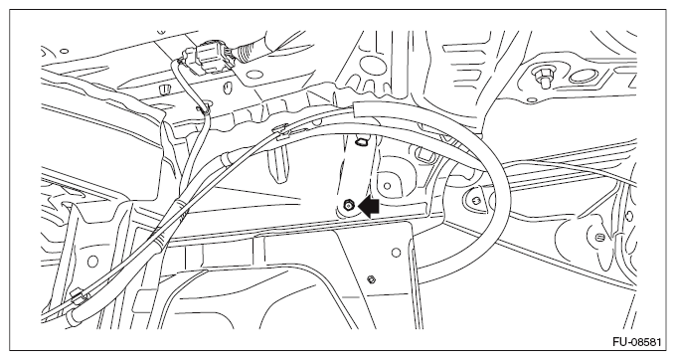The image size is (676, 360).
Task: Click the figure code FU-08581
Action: point(636,342)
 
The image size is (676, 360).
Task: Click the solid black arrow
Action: point(369,207)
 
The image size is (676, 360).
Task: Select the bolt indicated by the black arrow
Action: point(348,206)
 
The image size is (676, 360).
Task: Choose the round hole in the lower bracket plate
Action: point(397,253)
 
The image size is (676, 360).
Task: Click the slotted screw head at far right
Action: point(600,237)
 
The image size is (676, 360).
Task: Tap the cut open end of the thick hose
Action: point(356,109)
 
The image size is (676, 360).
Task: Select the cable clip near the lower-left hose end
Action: point(78,295)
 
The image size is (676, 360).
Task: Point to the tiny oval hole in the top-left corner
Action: point(65,51)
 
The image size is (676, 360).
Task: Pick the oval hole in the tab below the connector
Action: point(227,89)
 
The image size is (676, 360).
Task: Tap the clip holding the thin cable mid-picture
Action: point(280,129)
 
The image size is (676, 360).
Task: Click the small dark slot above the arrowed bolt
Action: point(360,141)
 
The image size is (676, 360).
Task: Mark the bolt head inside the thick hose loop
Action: point(476,200)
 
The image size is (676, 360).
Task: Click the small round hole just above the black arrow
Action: point(387,186)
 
